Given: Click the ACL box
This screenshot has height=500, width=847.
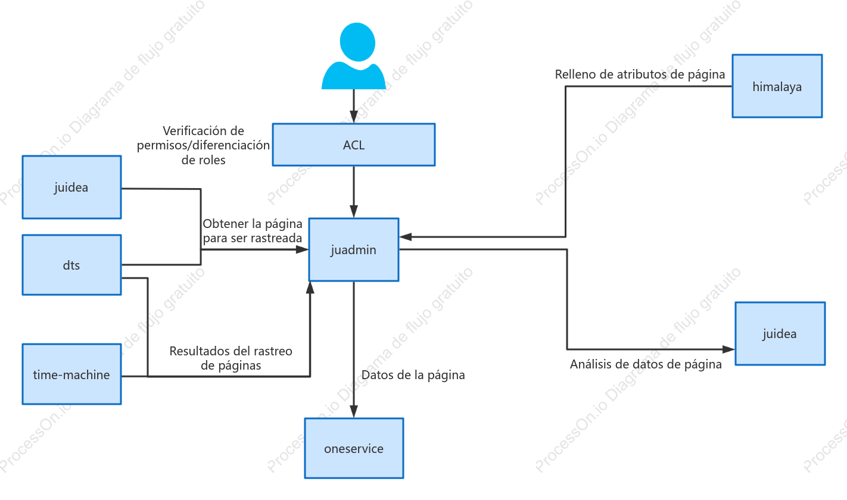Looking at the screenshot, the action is coord(354,145).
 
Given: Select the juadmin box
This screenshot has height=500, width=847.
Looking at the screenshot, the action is coord(354,249).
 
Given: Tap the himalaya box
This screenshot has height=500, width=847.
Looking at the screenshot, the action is coord(777,86).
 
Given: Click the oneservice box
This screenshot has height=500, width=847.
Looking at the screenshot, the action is coord(354,448).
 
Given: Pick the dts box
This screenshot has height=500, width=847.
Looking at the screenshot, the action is coord(71,265).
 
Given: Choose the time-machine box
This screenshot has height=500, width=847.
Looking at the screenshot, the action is coord(71,374).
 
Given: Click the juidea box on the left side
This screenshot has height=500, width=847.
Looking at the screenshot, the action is coord(71,187).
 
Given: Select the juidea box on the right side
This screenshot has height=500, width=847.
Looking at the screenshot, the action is coord(780,334).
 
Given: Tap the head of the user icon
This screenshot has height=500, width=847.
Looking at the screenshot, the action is coord(357,42).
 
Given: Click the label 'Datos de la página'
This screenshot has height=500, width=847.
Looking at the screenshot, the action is coord(413,375).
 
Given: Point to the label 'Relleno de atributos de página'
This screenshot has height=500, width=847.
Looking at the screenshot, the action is coord(640,74).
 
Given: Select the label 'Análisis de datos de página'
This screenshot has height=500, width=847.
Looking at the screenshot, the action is coord(646,364).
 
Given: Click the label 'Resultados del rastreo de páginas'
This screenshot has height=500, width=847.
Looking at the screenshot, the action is coord(231,358).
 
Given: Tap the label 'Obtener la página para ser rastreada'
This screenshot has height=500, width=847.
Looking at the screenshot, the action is coord(252,230).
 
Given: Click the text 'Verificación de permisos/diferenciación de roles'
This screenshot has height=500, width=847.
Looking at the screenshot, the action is coord(203,145).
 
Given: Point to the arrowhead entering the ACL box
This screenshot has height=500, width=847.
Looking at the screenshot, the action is coord(354,117).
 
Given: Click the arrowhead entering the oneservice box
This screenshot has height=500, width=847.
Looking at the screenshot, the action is coord(354,411).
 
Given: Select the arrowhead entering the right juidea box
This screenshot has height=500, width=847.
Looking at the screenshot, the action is coord(728,349).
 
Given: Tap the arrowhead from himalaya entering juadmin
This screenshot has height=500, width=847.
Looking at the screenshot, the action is coord(406,237).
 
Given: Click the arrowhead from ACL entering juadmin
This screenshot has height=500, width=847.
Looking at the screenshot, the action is coord(354,211).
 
